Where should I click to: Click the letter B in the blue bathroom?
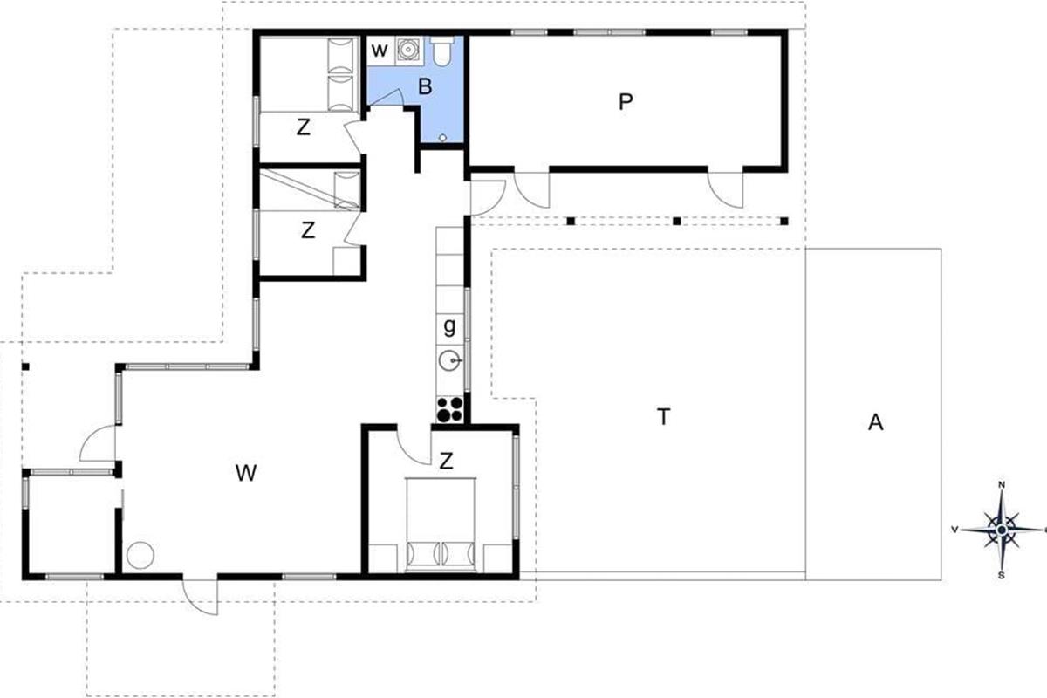coord(425,86)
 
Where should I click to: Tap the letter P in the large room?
coord(626,101)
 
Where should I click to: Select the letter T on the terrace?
coord(664,416)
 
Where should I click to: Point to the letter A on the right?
coord(875,422)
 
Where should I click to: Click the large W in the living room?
coord(246,473)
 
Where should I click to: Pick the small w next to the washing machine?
coord(380,51)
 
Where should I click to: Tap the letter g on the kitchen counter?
coord(449,327)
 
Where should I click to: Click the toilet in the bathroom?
coord(441,51)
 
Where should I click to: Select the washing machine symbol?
coord(408,50)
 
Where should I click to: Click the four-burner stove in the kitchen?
coord(449,409)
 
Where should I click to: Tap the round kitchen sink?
coord(450,360)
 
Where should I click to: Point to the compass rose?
coord(1002,530)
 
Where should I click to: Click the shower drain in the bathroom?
coord(442,138)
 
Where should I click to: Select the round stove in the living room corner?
coord(140,555)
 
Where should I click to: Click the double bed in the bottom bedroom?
coord(441,524)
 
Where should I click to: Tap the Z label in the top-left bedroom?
coord(304,127)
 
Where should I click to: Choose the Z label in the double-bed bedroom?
coord(447,462)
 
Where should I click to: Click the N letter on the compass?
coord(1002,485)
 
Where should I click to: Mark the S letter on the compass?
coord(1002,576)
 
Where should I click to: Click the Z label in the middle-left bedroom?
coord(307,230)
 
